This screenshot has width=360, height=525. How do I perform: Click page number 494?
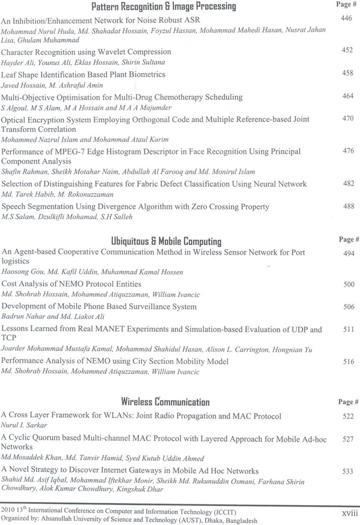coord(348,253)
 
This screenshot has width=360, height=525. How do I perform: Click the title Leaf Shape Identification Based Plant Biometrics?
coord(83,74)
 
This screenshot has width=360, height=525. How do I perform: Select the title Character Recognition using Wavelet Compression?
coord(86,52)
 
